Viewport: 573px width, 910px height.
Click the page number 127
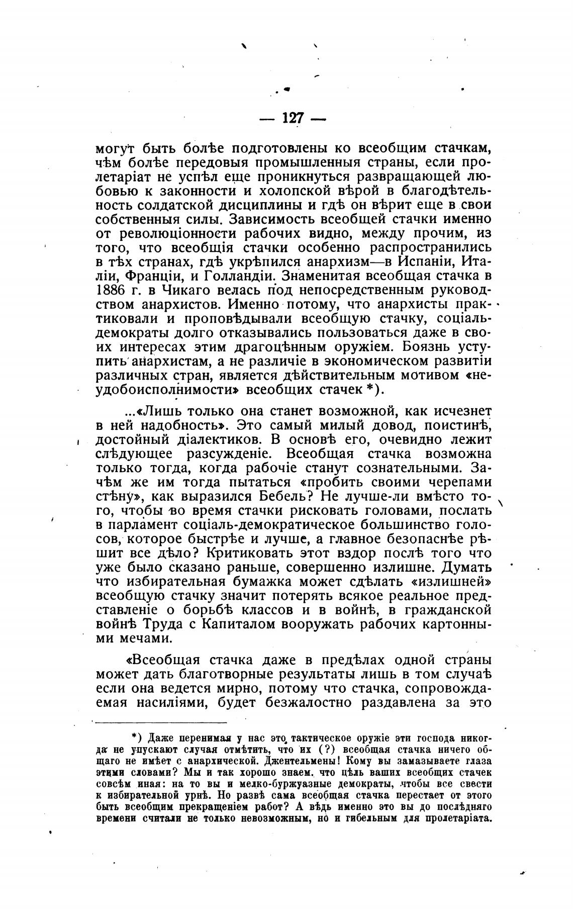[x=293, y=118]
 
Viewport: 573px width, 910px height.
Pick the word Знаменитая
[x=320, y=276]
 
